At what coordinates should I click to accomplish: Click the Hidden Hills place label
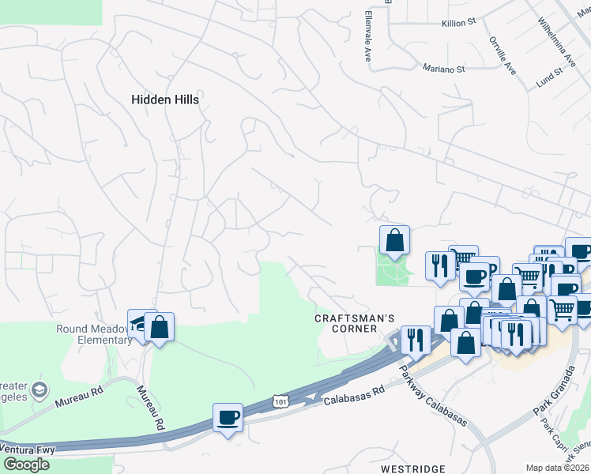[164, 100]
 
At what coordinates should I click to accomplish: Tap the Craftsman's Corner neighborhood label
[355, 324]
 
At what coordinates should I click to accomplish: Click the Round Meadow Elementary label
[94, 335]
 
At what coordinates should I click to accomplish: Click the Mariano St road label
[443, 69]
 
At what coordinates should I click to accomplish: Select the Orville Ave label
[503, 55]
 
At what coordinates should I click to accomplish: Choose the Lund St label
[548, 76]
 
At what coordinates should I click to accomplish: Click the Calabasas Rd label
[354, 396]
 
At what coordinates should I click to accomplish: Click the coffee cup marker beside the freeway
[228, 417]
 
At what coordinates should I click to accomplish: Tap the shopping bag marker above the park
[394, 240]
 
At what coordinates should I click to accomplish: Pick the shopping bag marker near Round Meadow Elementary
[159, 327]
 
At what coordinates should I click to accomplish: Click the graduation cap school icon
[40, 389]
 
